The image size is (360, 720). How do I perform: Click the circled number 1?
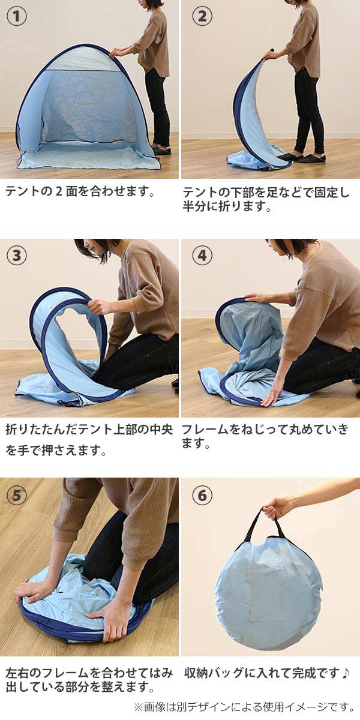click(17, 16)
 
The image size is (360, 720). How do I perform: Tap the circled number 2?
click(202, 16)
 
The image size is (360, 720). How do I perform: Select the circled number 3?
click(17, 256)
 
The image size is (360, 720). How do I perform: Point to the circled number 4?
click(202, 256)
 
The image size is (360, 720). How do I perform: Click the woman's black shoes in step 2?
click(301, 157)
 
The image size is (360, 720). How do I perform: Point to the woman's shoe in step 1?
click(162, 151)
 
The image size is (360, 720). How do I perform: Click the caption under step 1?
click(80, 191)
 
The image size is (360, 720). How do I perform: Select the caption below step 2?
click(266, 199)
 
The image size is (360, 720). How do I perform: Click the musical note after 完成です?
click(345, 672)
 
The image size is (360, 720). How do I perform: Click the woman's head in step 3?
click(94, 250)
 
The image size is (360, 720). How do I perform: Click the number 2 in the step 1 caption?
click(59, 192)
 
